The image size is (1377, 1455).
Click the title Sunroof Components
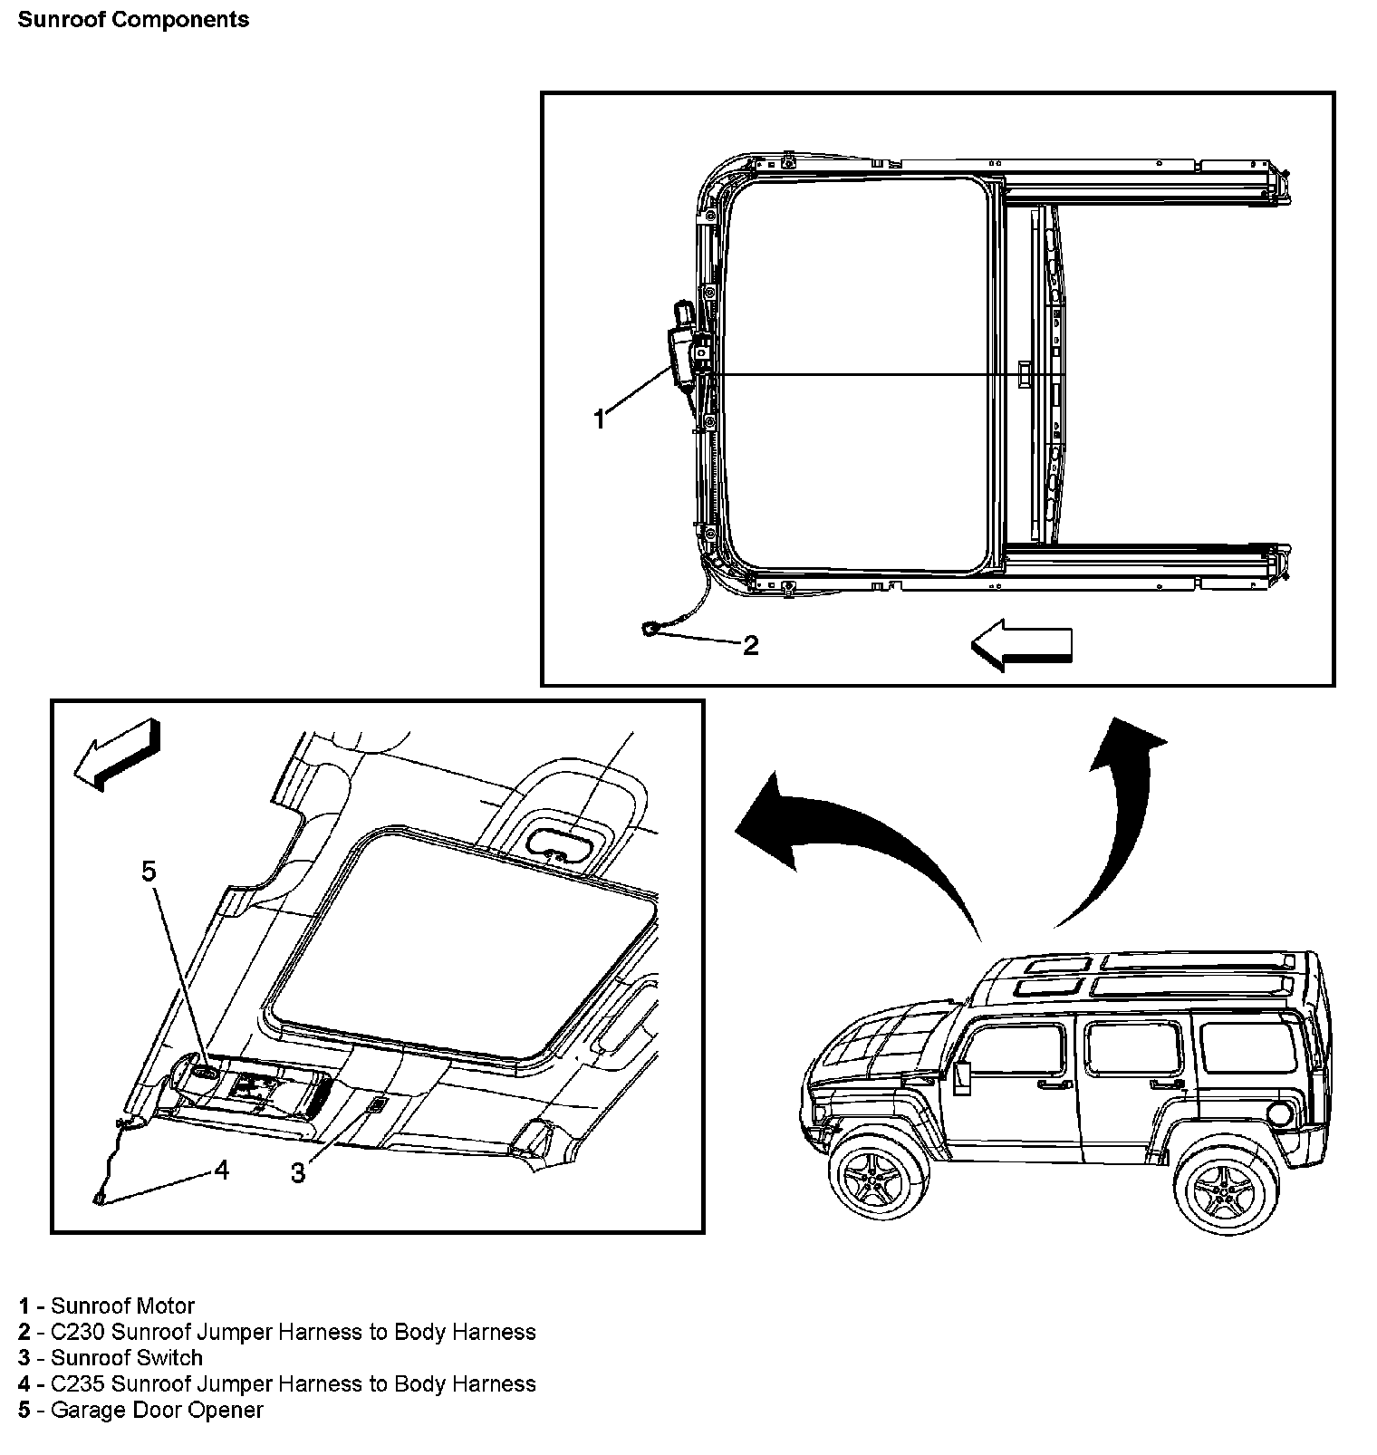click(133, 20)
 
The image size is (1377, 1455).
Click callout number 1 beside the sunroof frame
click(599, 419)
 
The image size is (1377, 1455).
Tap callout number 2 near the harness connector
click(750, 645)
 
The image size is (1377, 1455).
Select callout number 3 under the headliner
click(298, 1173)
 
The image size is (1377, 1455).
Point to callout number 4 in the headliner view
click(221, 1170)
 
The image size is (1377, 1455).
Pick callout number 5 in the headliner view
click(149, 872)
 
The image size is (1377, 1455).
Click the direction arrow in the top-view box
click(1021, 646)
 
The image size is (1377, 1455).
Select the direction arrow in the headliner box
click(118, 753)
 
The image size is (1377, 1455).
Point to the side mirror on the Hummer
click(962, 1078)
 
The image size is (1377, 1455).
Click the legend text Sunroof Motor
click(122, 1306)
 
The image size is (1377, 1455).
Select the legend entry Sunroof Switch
click(126, 1357)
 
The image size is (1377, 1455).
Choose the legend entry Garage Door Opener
click(157, 1410)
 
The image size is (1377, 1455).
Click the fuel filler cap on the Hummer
click(1283, 1116)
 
